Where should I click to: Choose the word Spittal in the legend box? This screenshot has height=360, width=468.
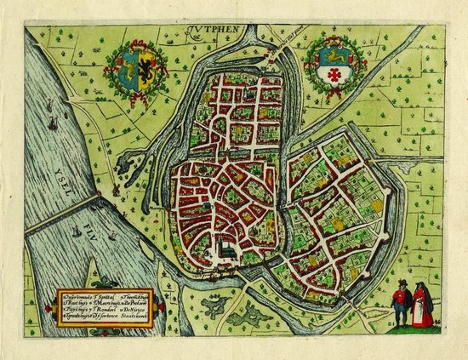(103, 294)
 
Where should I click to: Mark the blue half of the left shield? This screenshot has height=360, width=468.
(129, 66)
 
